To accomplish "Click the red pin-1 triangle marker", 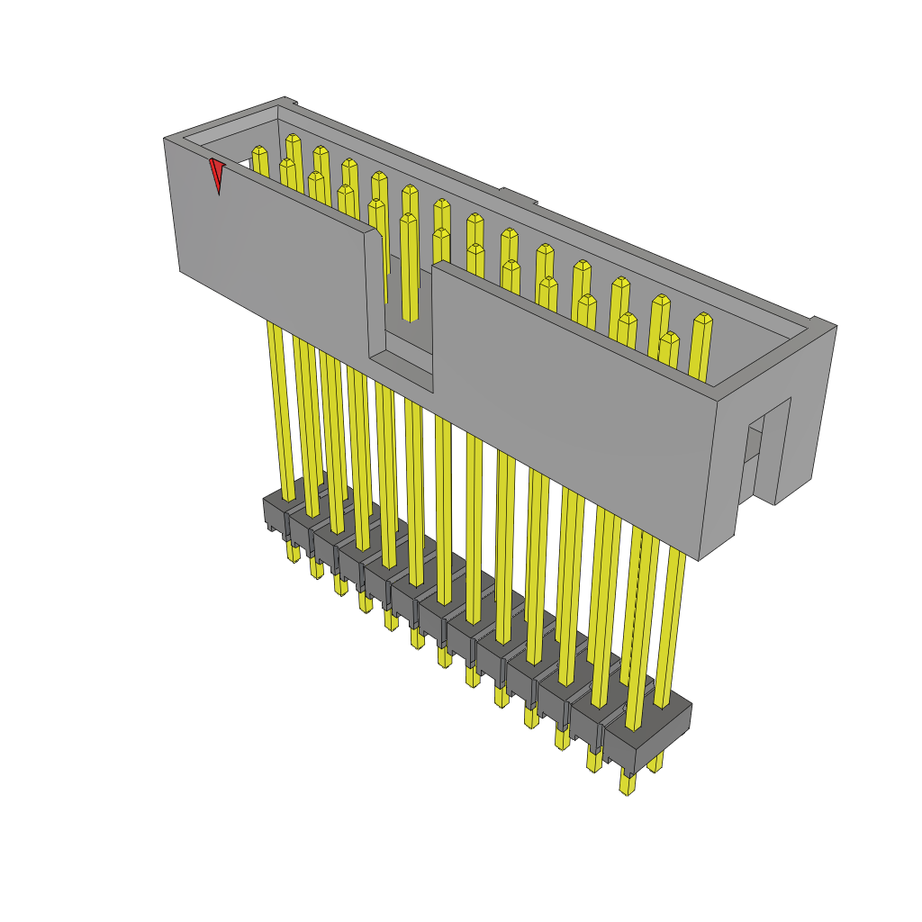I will pyautogui.click(x=216, y=175).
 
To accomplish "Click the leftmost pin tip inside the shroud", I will pyautogui.click(x=259, y=155).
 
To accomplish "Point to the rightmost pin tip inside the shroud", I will pyautogui.click(x=702, y=321).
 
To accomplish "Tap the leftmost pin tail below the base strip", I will pyautogui.click(x=293, y=551).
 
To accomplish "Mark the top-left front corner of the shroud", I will pyautogui.click(x=165, y=140).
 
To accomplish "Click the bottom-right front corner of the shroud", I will pyautogui.click(x=699, y=559).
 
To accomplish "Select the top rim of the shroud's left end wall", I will pyautogui.click(x=225, y=123).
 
